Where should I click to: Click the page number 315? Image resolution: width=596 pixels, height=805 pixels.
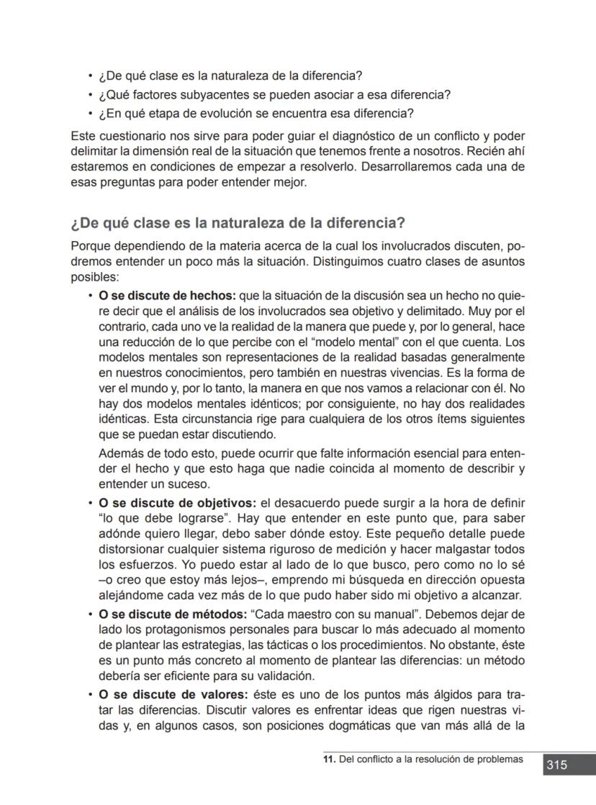pyautogui.click(x=556, y=765)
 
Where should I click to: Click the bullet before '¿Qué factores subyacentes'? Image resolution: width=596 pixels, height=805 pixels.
pyautogui.click(x=89, y=96)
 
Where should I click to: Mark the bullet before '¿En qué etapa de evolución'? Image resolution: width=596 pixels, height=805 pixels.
pyautogui.click(x=89, y=114)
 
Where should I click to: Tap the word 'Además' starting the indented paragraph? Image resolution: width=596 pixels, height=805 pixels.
pyautogui.click(x=119, y=454)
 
